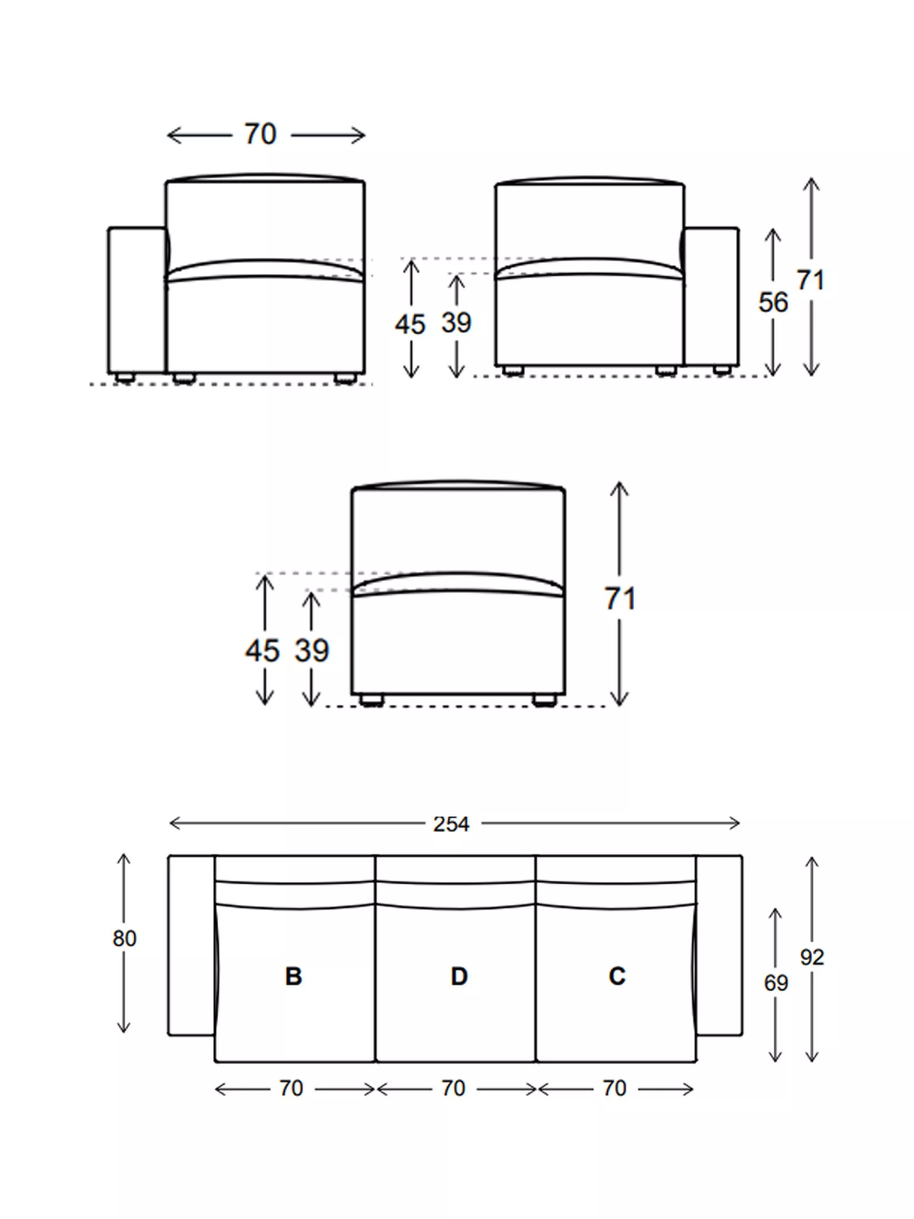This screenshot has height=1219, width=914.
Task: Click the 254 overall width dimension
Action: pos(451,824)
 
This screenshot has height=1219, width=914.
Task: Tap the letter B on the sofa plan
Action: pos(293,976)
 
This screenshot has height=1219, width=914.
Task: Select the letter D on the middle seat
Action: pos(459,976)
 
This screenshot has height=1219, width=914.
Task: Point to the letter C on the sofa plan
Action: pos(617,976)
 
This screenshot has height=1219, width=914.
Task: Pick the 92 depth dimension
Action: pos(812,957)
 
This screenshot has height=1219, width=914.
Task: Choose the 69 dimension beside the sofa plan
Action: pos(775,983)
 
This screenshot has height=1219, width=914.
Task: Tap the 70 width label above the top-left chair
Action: pos(260,134)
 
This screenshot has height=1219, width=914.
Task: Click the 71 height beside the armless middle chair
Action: pos(620,598)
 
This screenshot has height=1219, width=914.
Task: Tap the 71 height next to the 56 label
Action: pos(810,280)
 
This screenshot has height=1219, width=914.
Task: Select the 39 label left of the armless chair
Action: pos(312,650)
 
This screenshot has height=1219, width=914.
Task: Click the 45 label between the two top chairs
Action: pos(410,324)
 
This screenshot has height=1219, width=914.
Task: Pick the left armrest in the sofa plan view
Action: pos(191,945)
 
